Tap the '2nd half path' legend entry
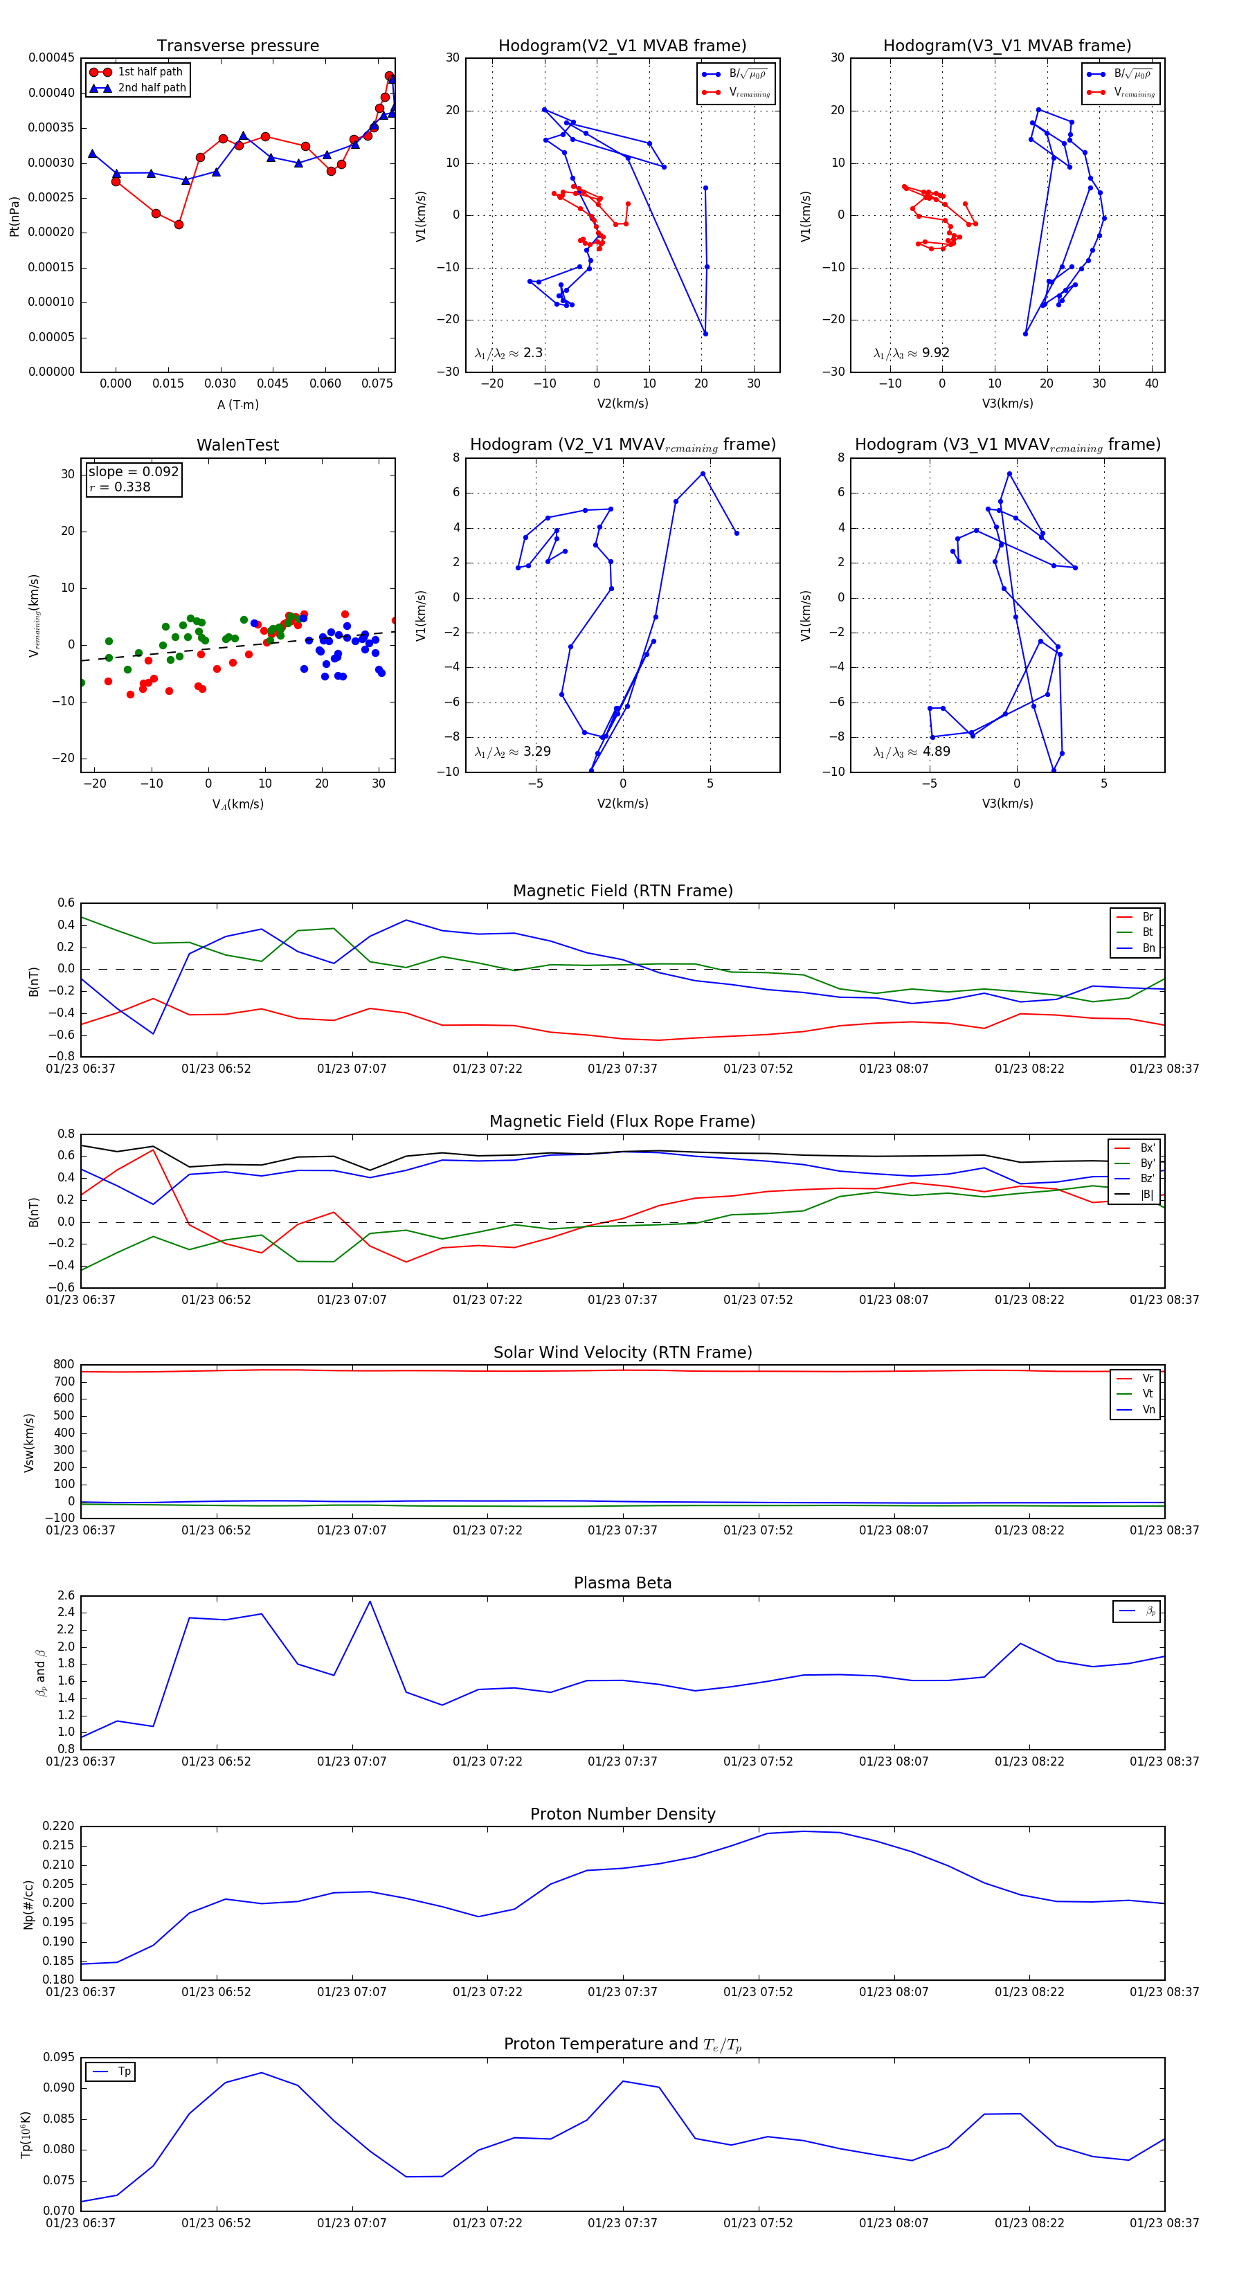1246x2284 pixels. pos(152,88)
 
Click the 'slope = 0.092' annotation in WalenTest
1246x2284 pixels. pos(133,472)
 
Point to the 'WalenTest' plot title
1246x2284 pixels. pos(237,445)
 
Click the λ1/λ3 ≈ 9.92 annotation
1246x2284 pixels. pos(911,353)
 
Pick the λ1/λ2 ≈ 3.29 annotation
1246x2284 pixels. pos(512,752)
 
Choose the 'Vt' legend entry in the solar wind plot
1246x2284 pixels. pos(1148,1394)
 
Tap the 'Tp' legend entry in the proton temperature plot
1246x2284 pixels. pos(124,2072)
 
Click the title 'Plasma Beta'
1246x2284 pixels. pos(622,1583)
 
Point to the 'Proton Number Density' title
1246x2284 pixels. pos(622,1814)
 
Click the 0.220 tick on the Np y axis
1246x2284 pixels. pos(60,1827)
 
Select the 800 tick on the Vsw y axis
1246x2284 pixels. pos(64,1365)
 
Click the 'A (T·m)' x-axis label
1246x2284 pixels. pos(237,404)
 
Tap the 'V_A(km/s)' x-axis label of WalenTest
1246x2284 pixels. pos(237,804)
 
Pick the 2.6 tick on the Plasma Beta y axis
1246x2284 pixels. pos(66,1596)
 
